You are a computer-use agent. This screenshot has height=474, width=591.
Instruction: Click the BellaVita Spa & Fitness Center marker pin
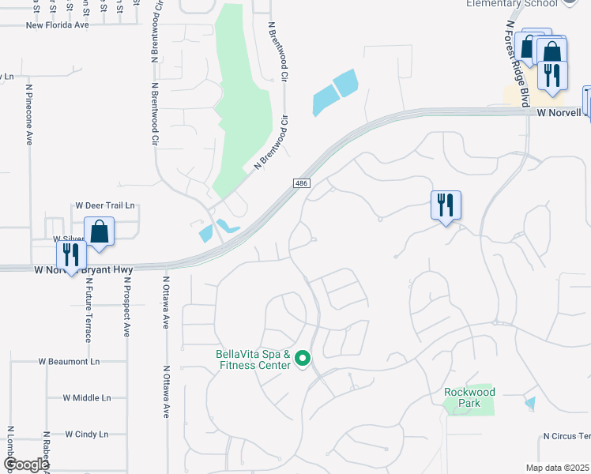302,360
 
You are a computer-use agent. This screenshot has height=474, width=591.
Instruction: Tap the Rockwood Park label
469,397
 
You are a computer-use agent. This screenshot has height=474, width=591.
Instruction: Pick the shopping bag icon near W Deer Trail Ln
100,232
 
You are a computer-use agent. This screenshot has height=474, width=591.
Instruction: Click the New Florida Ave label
57,24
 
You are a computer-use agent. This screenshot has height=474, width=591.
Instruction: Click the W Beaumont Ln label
70,361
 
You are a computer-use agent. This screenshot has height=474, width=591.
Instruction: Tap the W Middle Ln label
87,397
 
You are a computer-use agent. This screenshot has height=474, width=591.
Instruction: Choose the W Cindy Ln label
86,434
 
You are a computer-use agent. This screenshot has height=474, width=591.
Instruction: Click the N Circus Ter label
567,436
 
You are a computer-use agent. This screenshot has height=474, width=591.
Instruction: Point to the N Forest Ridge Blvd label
517,59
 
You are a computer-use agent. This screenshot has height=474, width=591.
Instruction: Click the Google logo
26,465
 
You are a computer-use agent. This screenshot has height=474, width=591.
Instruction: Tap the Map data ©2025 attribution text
558,468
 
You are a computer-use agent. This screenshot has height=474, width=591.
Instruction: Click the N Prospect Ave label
126,307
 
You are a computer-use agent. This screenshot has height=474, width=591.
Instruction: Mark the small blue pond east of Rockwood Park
529,404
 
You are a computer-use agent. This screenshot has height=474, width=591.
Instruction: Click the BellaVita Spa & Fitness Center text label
254,359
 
